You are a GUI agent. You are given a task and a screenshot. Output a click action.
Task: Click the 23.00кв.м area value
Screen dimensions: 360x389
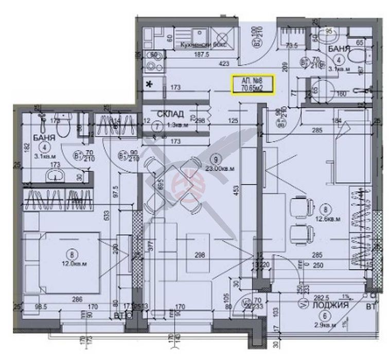[x=220, y=167]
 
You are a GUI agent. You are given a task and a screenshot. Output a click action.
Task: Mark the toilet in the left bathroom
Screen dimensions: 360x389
[x=63, y=127]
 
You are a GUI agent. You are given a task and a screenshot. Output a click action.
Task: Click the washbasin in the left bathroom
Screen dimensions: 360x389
[x=55, y=176]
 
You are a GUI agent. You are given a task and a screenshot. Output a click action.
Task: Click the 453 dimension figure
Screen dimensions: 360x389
[x=237, y=191]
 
